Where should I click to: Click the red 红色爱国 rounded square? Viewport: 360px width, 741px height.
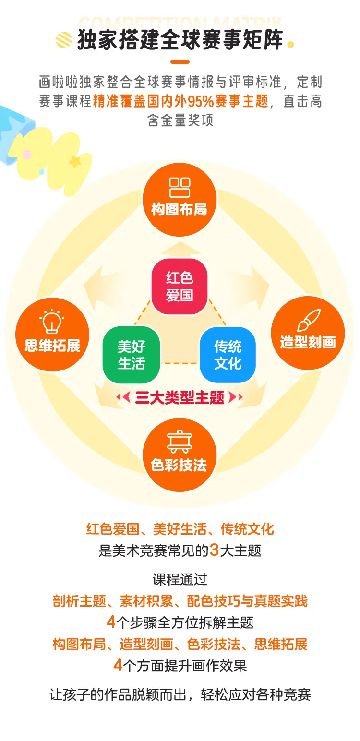click(x=180, y=287)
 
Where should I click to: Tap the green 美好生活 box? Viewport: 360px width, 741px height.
click(x=131, y=355)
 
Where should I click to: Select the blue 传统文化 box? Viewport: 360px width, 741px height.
click(x=228, y=355)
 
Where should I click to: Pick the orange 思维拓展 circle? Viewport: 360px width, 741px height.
click(x=52, y=335)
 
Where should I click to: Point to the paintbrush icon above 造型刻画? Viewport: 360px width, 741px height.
click(x=308, y=320)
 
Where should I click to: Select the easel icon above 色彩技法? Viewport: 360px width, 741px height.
click(x=180, y=442)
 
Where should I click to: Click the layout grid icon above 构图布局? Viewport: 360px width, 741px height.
click(x=180, y=188)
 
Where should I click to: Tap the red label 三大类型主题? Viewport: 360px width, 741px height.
click(x=180, y=398)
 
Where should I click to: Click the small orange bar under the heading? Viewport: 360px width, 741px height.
click(x=180, y=62)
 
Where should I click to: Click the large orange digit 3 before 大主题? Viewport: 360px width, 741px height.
click(x=214, y=550)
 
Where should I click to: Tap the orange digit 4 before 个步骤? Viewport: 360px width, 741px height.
click(x=111, y=622)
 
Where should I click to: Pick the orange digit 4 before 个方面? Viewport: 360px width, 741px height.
click(x=118, y=666)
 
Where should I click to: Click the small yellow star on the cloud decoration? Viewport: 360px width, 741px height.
click(x=75, y=162)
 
